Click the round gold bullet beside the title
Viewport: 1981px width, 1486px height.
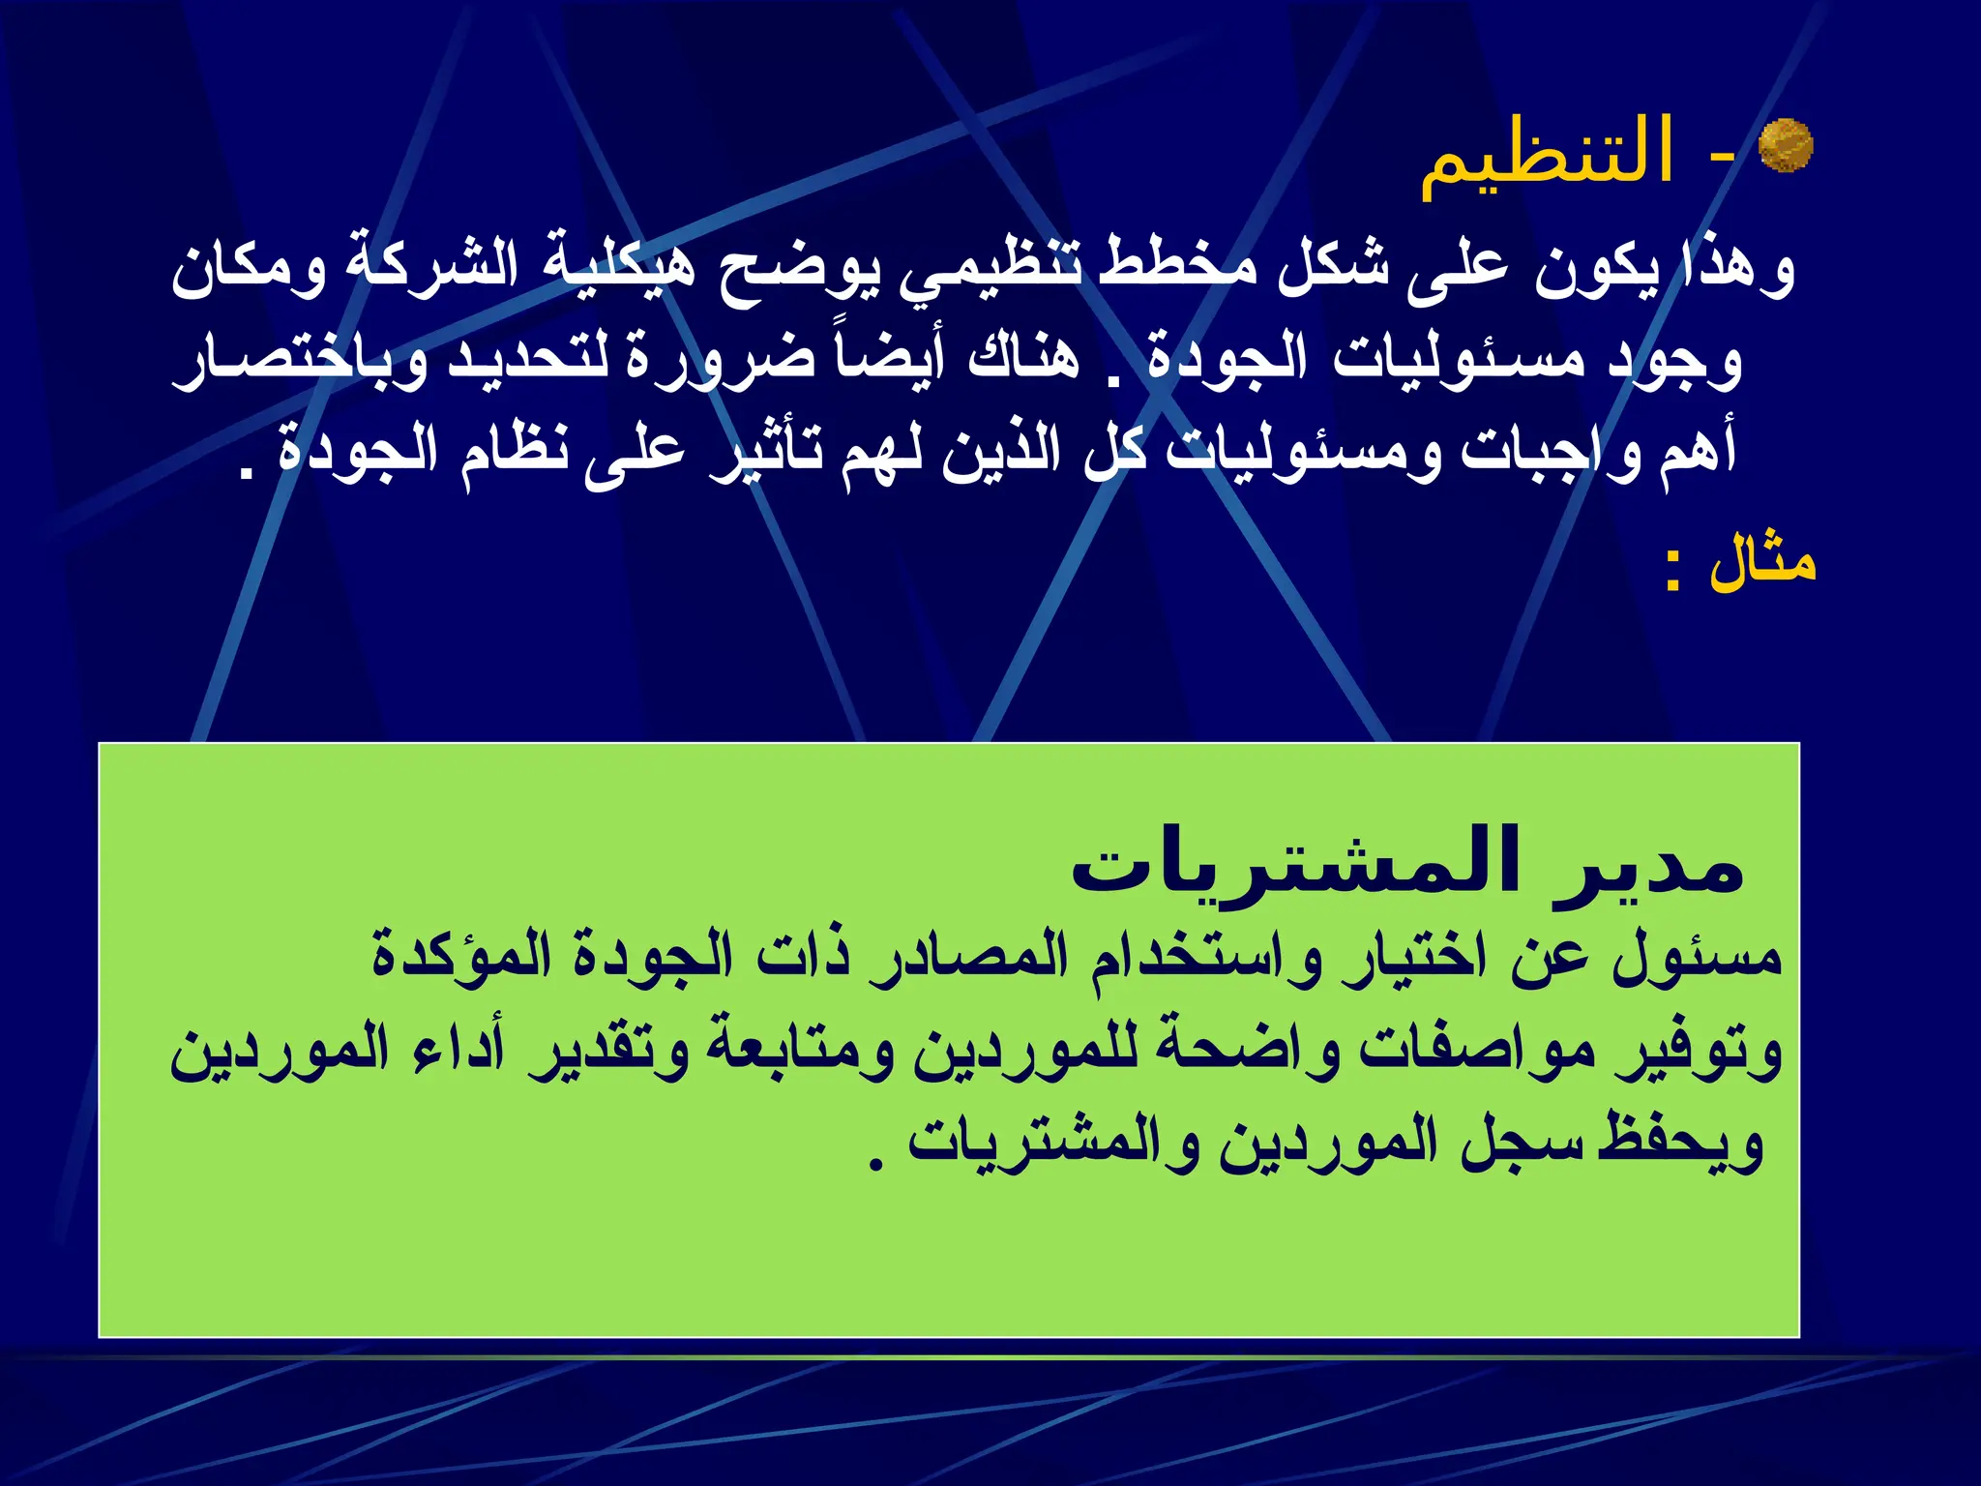(1785, 146)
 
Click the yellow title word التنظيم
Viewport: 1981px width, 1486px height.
(1547, 155)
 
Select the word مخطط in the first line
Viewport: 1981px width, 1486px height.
(1180, 268)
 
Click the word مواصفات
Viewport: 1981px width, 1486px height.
(1475, 1052)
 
